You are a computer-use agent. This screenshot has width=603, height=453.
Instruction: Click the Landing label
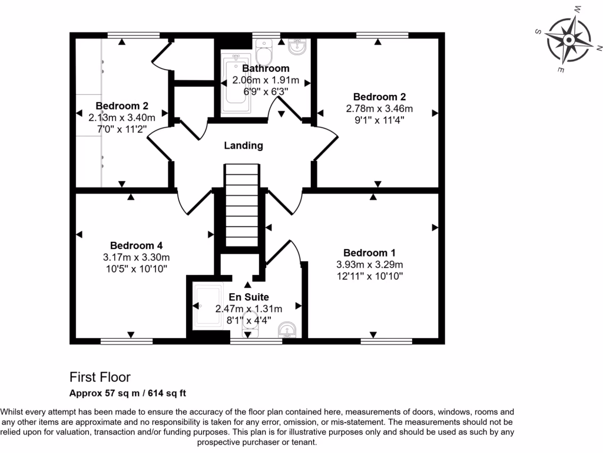pyautogui.click(x=243, y=146)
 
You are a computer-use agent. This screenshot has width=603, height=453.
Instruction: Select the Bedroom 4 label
pyautogui.click(x=136, y=245)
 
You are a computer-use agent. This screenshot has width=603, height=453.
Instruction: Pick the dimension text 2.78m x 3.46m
pyautogui.click(x=379, y=109)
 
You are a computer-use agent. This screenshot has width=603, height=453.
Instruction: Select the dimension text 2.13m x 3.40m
pyautogui.click(x=122, y=117)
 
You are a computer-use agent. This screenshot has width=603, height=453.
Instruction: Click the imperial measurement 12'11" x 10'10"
pyautogui.click(x=369, y=276)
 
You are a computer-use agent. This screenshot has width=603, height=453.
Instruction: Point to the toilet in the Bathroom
pyautogui.click(x=265, y=52)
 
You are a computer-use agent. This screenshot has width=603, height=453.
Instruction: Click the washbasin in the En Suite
pyautogui.click(x=288, y=330)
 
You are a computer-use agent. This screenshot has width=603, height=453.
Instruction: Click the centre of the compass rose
pyautogui.click(x=569, y=40)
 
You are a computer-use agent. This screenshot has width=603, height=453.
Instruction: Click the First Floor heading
pyautogui.click(x=100, y=377)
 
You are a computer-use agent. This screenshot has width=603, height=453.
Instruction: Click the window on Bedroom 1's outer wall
pyautogui.click(x=377, y=341)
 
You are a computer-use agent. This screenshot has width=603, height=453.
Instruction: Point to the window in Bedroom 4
pyautogui.click(x=126, y=341)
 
